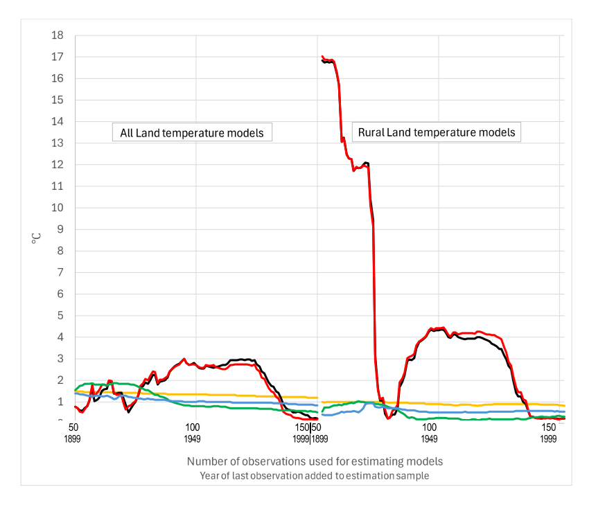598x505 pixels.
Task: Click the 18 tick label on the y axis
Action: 58,35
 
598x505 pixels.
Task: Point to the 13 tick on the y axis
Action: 58,143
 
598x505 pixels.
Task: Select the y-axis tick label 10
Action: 58,208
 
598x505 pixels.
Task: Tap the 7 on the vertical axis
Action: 61,273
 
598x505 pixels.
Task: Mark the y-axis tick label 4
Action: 61,337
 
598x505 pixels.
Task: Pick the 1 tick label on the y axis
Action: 61,402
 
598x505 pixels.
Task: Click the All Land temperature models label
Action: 192,132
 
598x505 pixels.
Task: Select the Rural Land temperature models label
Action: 437,132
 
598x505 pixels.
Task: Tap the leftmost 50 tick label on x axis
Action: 72,428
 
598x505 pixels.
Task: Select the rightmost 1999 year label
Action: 548,438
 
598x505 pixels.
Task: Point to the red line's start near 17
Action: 323,57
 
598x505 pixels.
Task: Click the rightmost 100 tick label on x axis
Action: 429,428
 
